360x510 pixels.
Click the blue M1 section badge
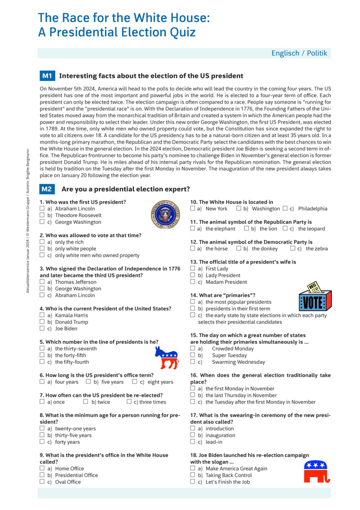tap(47, 76)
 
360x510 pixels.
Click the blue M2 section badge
tap(47, 189)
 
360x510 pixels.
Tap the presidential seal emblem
tap(165, 213)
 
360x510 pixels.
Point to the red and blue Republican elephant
tap(316, 472)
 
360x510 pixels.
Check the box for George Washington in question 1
tap(42, 222)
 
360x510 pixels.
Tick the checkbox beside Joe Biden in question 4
tap(42, 329)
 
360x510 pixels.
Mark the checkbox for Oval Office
tap(42, 482)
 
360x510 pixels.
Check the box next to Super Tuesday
tap(193, 355)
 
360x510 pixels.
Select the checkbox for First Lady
tap(193, 269)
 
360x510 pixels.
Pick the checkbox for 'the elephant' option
tap(193, 229)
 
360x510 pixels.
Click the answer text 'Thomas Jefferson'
tap(75, 282)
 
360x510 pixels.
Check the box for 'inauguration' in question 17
tap(193, 435)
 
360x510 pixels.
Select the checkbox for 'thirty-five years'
tap(42, 435)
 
